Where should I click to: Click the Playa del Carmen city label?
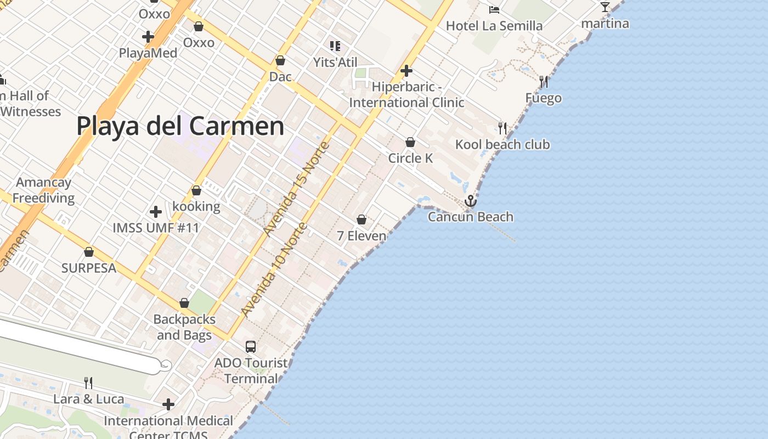click(180, 126)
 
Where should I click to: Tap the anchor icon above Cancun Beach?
click(470, 201)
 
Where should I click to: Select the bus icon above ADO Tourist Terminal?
click(251, 346)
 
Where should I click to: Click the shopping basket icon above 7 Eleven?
click(362, 220)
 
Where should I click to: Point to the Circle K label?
click(410, 158)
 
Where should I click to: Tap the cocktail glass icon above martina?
click(605, 7)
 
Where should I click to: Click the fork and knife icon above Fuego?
click(544, 82)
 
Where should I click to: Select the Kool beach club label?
click(502, 144)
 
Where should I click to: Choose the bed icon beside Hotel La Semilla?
click(494, 9)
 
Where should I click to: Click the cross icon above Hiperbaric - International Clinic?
click(406, 71)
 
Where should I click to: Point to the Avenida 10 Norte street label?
click(273, 269)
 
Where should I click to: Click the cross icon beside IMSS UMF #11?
click(156, 211)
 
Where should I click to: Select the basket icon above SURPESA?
click(89, 252)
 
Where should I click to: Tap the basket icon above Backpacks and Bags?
click(184, 303)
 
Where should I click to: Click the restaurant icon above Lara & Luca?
click(88, 382)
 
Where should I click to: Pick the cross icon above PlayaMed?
click(148, 37)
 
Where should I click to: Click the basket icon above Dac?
click(280, 60)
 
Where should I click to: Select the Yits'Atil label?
click(335, 62)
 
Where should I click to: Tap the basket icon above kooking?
click(196, 191)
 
